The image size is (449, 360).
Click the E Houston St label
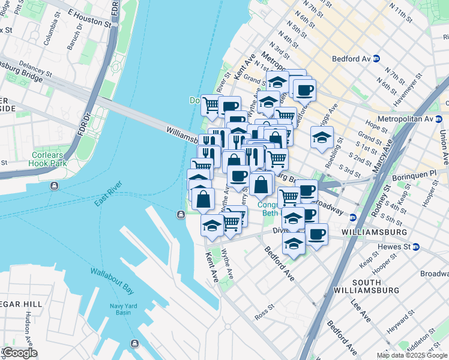[x=89, y=19]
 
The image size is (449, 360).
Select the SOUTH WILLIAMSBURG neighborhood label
[x=376, y=286]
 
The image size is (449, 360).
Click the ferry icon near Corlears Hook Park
[x=55, y=185]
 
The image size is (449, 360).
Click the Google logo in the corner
[x=19, y=353]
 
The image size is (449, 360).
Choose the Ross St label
[x=264, y=314]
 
